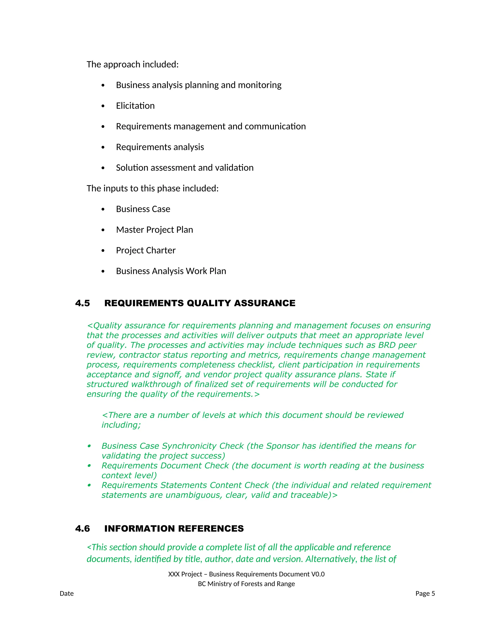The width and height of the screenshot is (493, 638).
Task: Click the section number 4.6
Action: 82,528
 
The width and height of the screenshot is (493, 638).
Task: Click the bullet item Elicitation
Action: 135,106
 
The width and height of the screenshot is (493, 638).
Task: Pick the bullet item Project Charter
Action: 146,250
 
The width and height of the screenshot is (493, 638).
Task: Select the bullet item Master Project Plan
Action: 155,230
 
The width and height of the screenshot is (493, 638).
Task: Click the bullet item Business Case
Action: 143,209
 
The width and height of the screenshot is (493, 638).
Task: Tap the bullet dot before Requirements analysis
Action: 103,148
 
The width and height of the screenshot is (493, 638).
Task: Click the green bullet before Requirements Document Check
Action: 89,466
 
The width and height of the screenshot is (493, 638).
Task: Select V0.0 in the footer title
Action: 318,574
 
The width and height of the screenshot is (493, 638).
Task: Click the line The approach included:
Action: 133,64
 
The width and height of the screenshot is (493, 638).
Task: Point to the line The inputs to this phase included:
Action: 152,189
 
